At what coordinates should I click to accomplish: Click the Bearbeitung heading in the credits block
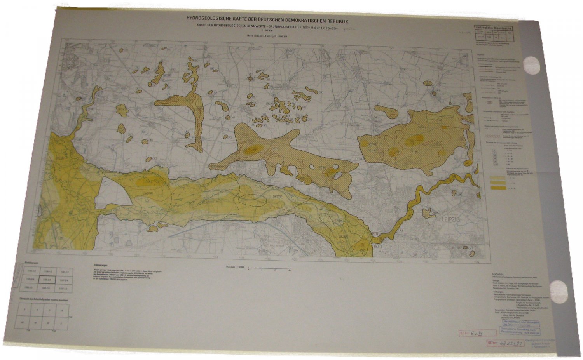(x=498, y=274)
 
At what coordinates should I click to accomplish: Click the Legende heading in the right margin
(x=481, y=55)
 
